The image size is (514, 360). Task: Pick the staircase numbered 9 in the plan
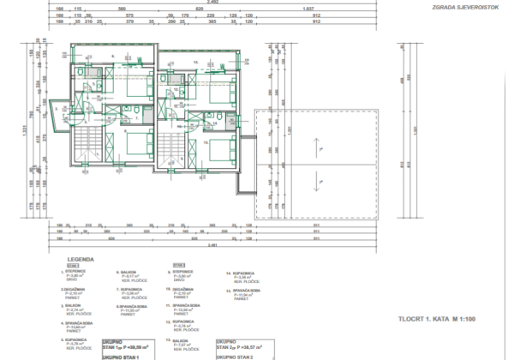tap(174, 145)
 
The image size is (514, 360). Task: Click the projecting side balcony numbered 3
tap(59, 115)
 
